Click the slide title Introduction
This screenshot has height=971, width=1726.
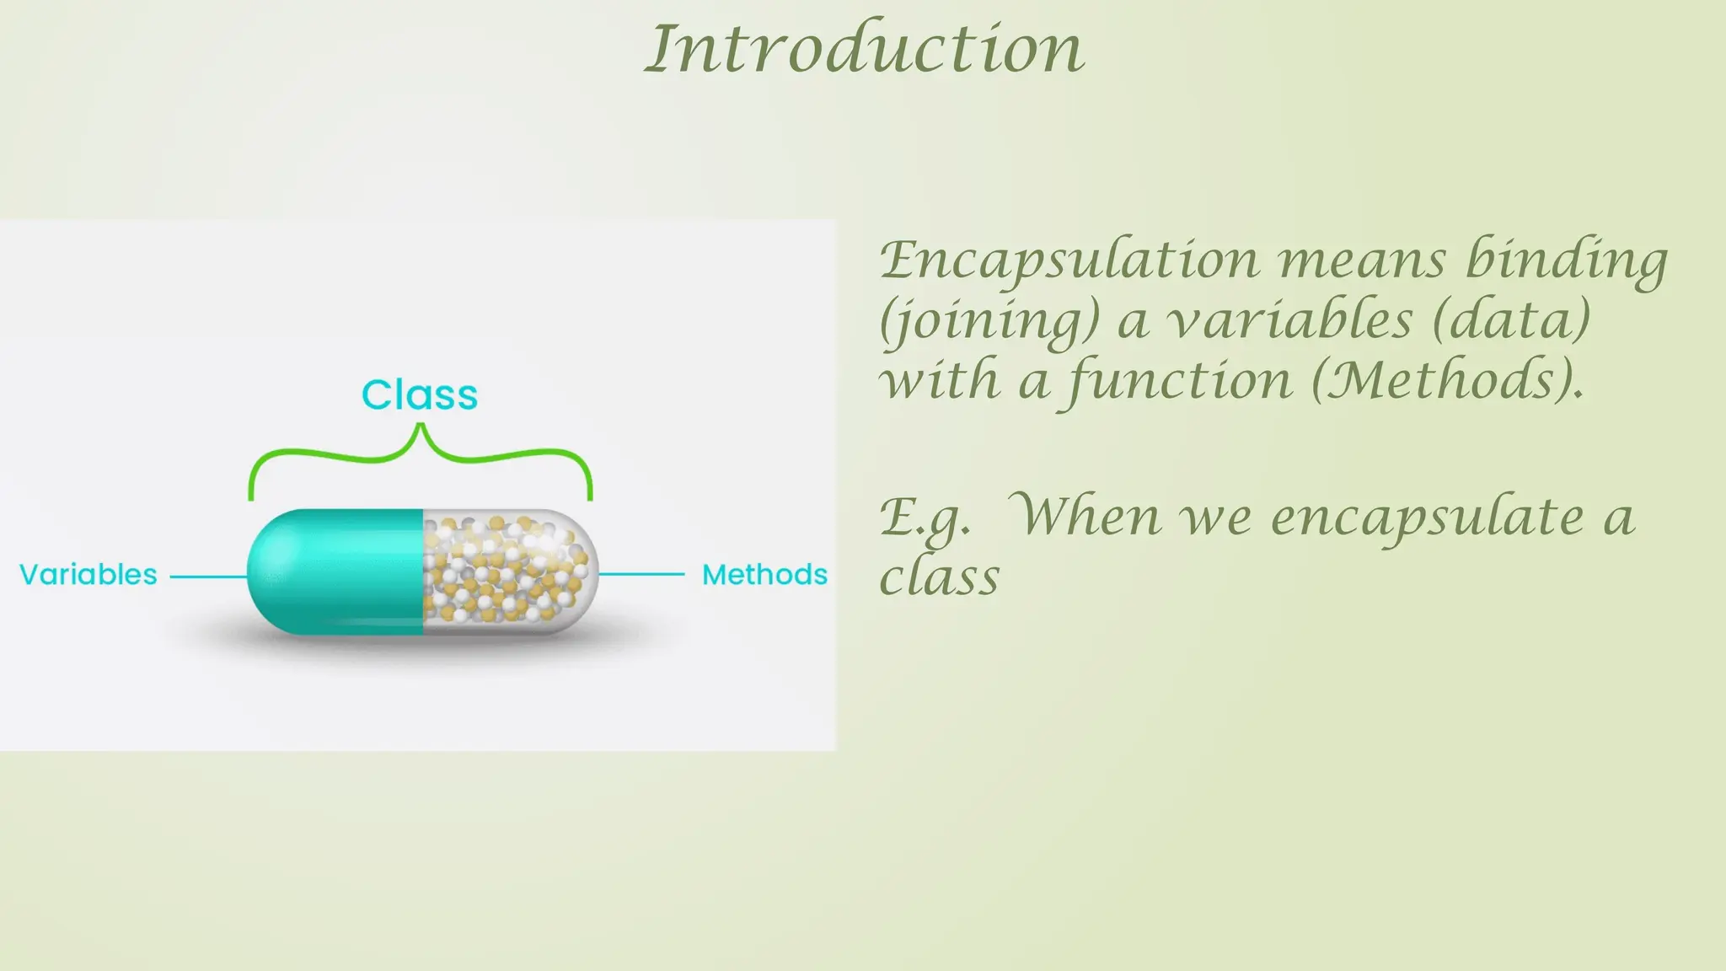point(865,49)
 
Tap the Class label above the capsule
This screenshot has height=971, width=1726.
point(420,394)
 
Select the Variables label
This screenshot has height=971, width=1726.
point(88,575)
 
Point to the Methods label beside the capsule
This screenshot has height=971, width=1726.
point(764,575)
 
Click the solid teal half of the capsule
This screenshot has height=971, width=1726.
point(337,571)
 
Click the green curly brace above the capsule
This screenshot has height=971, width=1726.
point(420,455)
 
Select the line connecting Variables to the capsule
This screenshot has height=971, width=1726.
point(209,577)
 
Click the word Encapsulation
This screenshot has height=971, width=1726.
point(1069,261)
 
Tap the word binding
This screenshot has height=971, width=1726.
point(1566,261)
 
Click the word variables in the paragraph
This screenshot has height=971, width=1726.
point(1289,320)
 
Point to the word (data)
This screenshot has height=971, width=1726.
point(1510,320)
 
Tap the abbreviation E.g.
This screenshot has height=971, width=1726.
point(924,518)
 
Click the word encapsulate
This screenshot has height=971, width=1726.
point(1427,518)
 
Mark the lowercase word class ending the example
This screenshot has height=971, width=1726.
point(939,578)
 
